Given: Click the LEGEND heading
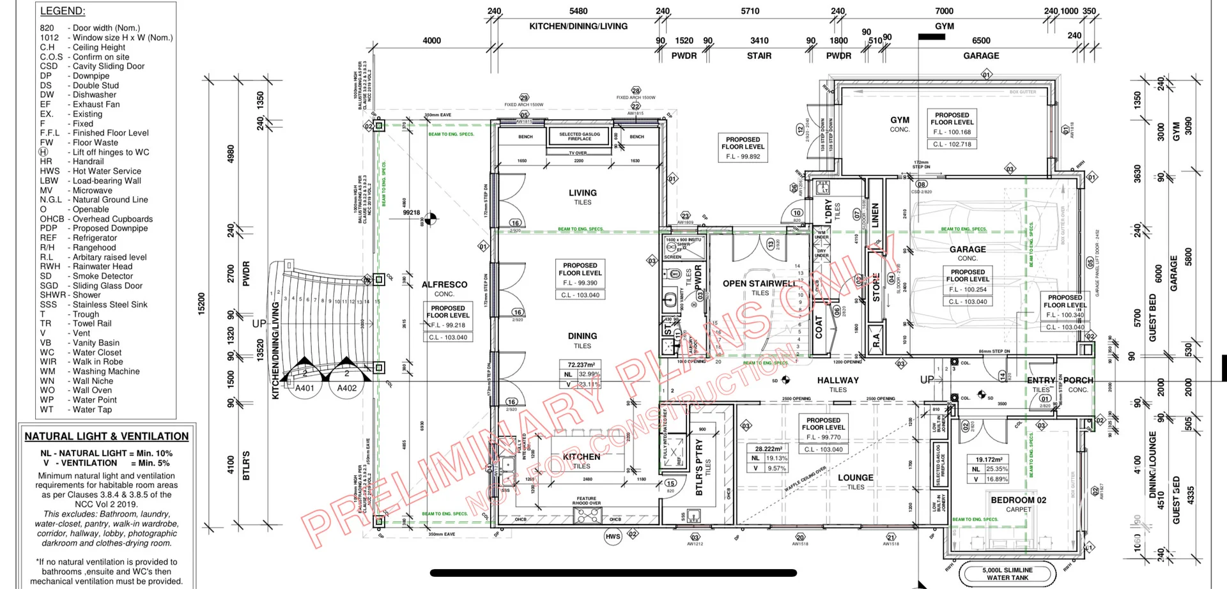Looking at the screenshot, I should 63,11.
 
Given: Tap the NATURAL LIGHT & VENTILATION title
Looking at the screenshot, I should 107,436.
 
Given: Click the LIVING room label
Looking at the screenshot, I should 582,192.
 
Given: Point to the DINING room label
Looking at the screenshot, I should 582,336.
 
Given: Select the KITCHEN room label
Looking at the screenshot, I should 581,457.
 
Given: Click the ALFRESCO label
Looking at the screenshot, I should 444,285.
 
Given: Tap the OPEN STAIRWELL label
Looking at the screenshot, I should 759,284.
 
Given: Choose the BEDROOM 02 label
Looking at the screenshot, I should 1018,500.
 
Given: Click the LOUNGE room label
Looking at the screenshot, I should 855,478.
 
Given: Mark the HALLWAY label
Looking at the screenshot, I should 837,380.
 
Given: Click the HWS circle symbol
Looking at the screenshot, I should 613,537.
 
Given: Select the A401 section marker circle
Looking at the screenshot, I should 305,388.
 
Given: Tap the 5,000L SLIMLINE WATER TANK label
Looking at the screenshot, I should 1007,574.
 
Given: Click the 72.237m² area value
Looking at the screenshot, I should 581,365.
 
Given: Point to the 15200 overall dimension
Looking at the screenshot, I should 201,303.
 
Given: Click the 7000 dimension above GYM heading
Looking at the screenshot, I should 944,11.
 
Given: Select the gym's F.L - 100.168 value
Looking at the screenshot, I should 952,132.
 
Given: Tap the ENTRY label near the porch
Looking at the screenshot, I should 1040,380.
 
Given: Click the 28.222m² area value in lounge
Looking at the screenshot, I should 768,449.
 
